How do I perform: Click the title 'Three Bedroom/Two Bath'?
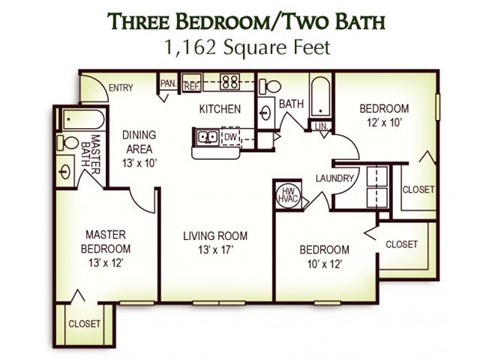point(240,20)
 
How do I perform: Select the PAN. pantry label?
point(168,83)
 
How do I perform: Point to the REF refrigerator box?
point(192,84)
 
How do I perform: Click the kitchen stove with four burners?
point(230,83)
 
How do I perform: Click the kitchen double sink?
point(207,137)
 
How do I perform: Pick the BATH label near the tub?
point(291,103)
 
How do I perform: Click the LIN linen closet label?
point(322,125)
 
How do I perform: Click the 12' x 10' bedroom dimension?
point(384,122)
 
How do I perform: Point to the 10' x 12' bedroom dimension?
point(324,264)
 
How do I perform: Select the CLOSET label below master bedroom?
point(85,323)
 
